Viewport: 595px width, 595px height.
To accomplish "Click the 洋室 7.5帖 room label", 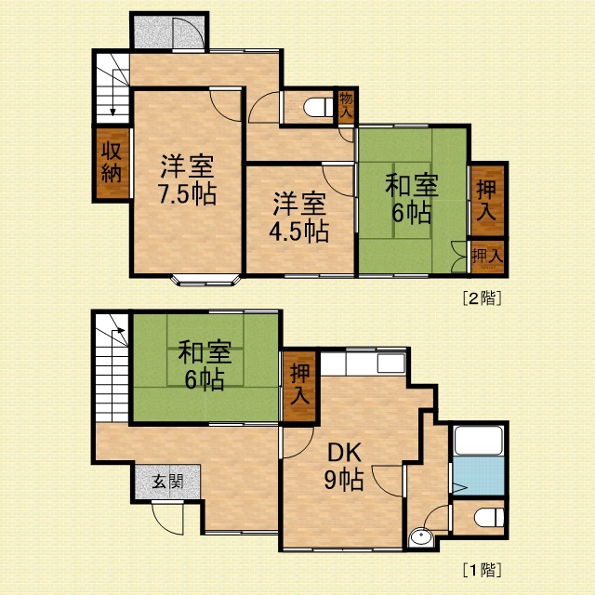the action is [187, 179].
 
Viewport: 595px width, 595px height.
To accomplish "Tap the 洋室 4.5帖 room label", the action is [299, 218].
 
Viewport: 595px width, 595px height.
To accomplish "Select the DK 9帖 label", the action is [344, 467].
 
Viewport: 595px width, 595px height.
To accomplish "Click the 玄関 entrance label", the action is [167, 482].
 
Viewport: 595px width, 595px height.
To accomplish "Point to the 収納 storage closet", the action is [112, 164].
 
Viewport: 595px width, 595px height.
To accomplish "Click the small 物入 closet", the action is [346, 107].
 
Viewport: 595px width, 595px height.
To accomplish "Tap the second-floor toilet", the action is [318, 107].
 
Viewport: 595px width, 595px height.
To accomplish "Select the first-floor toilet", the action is [489, 519].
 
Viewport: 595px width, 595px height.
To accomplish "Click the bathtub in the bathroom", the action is [480, 441].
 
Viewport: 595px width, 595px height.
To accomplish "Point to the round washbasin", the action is [421, 537].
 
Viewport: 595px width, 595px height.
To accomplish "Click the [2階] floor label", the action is [482, 298].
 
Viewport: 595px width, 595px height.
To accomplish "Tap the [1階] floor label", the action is [482, 570].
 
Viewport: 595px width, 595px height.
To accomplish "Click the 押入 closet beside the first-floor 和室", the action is [299, 386].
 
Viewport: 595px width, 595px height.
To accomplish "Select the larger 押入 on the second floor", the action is [487, 201].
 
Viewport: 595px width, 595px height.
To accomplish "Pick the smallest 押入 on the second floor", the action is [487, 257].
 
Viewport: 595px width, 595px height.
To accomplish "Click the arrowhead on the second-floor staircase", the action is [112, 112].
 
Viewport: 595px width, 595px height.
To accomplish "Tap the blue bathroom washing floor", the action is [480, 475].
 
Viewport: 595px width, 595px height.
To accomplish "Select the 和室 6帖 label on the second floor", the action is [412, 198].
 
